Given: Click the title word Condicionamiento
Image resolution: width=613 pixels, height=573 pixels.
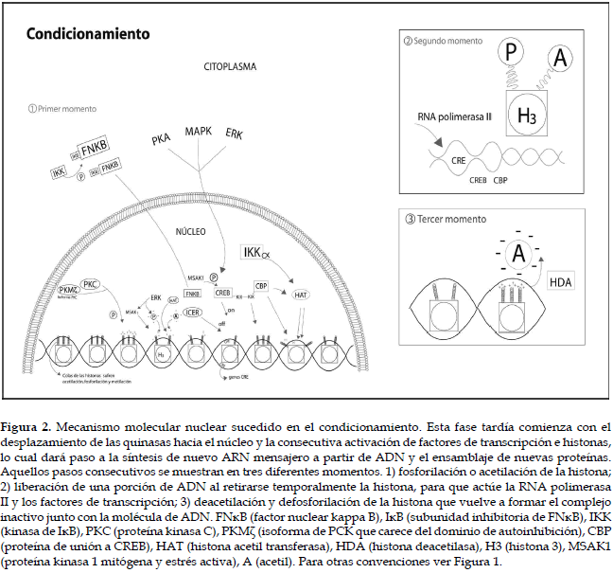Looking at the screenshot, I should pos(88,33).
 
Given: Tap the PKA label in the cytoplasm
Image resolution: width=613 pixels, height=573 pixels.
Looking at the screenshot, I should pos(161,139).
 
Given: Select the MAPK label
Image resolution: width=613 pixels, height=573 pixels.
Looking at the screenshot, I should pos(199,131).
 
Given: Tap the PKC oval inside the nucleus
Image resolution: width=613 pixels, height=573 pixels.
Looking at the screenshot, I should pos(91,282).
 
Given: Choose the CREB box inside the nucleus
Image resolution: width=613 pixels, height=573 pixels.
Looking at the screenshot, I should pos(222,293).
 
